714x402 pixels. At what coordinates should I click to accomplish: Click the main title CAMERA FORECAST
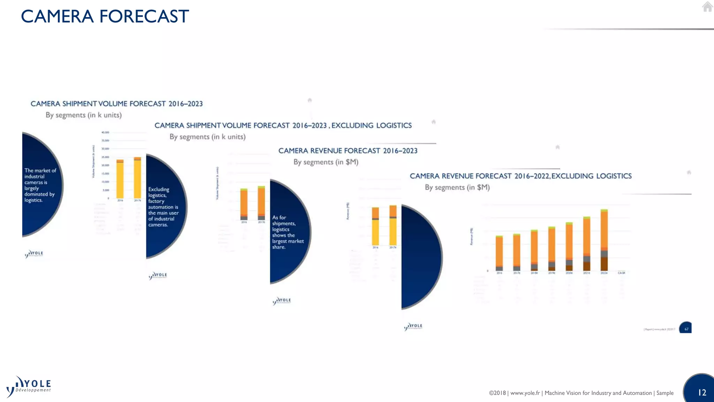pos(105,16)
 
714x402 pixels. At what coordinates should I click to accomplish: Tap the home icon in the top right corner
pos(707,7)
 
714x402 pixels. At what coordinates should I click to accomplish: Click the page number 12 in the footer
pos(702,393)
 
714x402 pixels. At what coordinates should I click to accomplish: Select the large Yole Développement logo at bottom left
pos(29,387)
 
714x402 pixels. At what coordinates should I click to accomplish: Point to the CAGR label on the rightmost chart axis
pos(621,273)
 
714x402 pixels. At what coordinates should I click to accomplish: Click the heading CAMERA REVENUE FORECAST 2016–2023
pos(348,151)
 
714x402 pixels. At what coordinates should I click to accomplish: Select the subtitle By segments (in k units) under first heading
pos(84,115)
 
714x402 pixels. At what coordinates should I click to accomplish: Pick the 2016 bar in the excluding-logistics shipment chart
pos(244,204)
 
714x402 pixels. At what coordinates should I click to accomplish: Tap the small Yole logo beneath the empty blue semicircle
pos(413,327)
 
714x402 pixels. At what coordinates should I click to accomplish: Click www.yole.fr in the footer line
pos(525,393)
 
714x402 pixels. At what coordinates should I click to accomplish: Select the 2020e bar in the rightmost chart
pos(569,246)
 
